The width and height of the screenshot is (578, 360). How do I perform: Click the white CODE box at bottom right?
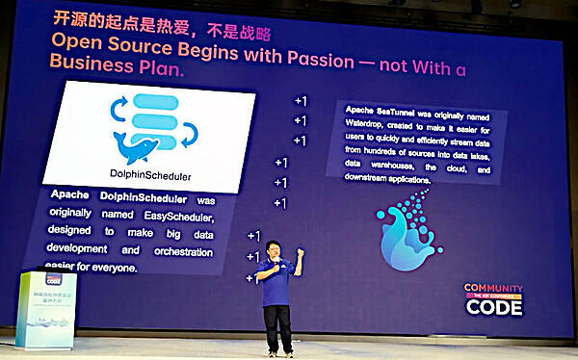(x=493, y=307)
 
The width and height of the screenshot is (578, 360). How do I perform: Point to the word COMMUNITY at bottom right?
(x=492, y=287)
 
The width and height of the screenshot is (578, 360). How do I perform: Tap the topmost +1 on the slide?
(x=300, y=101)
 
